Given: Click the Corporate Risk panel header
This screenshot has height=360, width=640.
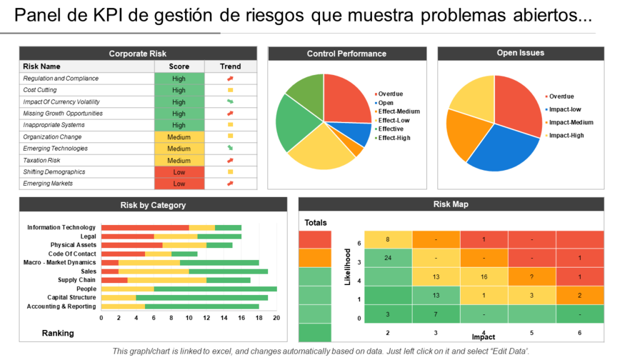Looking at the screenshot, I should (x=137, y=54).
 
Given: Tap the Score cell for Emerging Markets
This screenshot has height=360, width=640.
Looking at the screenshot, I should (x=179, y=184).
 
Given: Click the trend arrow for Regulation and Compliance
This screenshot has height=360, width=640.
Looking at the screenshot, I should (x=230, y=79).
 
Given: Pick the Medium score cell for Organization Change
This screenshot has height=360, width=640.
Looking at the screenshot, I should (x=179, y=137).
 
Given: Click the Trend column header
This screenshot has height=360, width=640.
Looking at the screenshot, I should (x=230, y=66).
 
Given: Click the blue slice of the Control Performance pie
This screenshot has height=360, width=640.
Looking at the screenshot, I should (x=357, y=132).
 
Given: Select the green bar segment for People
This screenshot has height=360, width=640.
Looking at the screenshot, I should (x=215, y=289).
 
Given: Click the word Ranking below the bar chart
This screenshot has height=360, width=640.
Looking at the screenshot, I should (x=57, y=333).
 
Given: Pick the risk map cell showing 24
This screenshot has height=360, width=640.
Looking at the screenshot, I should (x=388, y=257).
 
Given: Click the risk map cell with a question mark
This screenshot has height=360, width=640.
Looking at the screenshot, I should (x=532, y=277).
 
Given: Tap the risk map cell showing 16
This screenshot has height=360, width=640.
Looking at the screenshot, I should (x=484, y=277).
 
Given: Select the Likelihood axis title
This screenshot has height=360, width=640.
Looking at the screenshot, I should (x=347, y=266).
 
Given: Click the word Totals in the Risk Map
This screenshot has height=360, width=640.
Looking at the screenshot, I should (x=316, y=222).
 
